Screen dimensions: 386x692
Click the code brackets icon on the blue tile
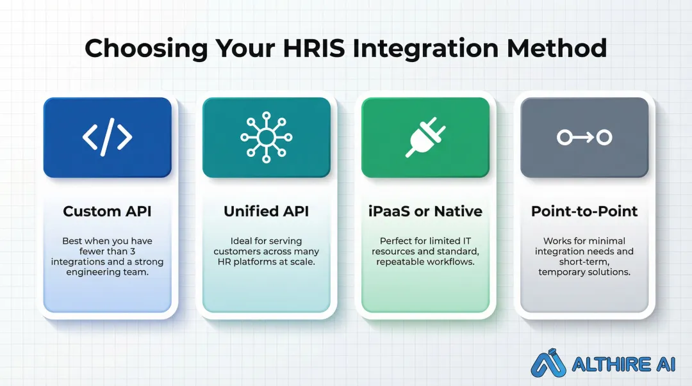(x=107, y=137)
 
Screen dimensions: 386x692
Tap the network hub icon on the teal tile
(x=266, y=137)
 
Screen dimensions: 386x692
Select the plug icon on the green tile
(x=425, y=137)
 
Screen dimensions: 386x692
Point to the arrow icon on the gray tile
(x=584, y=137)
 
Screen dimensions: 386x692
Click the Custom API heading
(x=107, y=211)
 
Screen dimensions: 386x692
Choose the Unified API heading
(x=266, y=211)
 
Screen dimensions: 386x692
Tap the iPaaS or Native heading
(x=425, y=211)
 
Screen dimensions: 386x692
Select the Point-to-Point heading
(x=584, y=211)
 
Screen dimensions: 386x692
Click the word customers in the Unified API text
(x=238, y=252)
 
